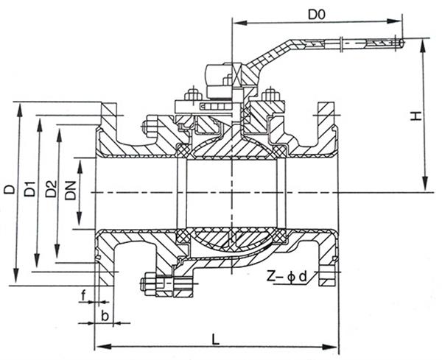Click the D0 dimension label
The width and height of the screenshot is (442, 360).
coord(317,15)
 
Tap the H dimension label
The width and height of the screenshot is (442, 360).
coord(415,116)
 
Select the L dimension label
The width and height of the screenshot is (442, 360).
coord(215,339)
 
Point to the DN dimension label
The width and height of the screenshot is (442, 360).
coord(71,191)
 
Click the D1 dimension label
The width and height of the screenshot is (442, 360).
coord(30,188)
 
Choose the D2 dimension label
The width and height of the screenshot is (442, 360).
coord(51,188)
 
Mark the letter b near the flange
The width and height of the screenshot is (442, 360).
coord(105,316)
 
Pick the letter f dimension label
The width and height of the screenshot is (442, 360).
coord(83,296)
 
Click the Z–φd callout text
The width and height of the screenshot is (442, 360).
coord(287,278)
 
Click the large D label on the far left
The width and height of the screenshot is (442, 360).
coord(10,189)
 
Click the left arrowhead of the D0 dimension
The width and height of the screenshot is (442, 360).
coord(239,23)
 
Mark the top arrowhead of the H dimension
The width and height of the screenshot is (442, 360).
coord(423,46)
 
